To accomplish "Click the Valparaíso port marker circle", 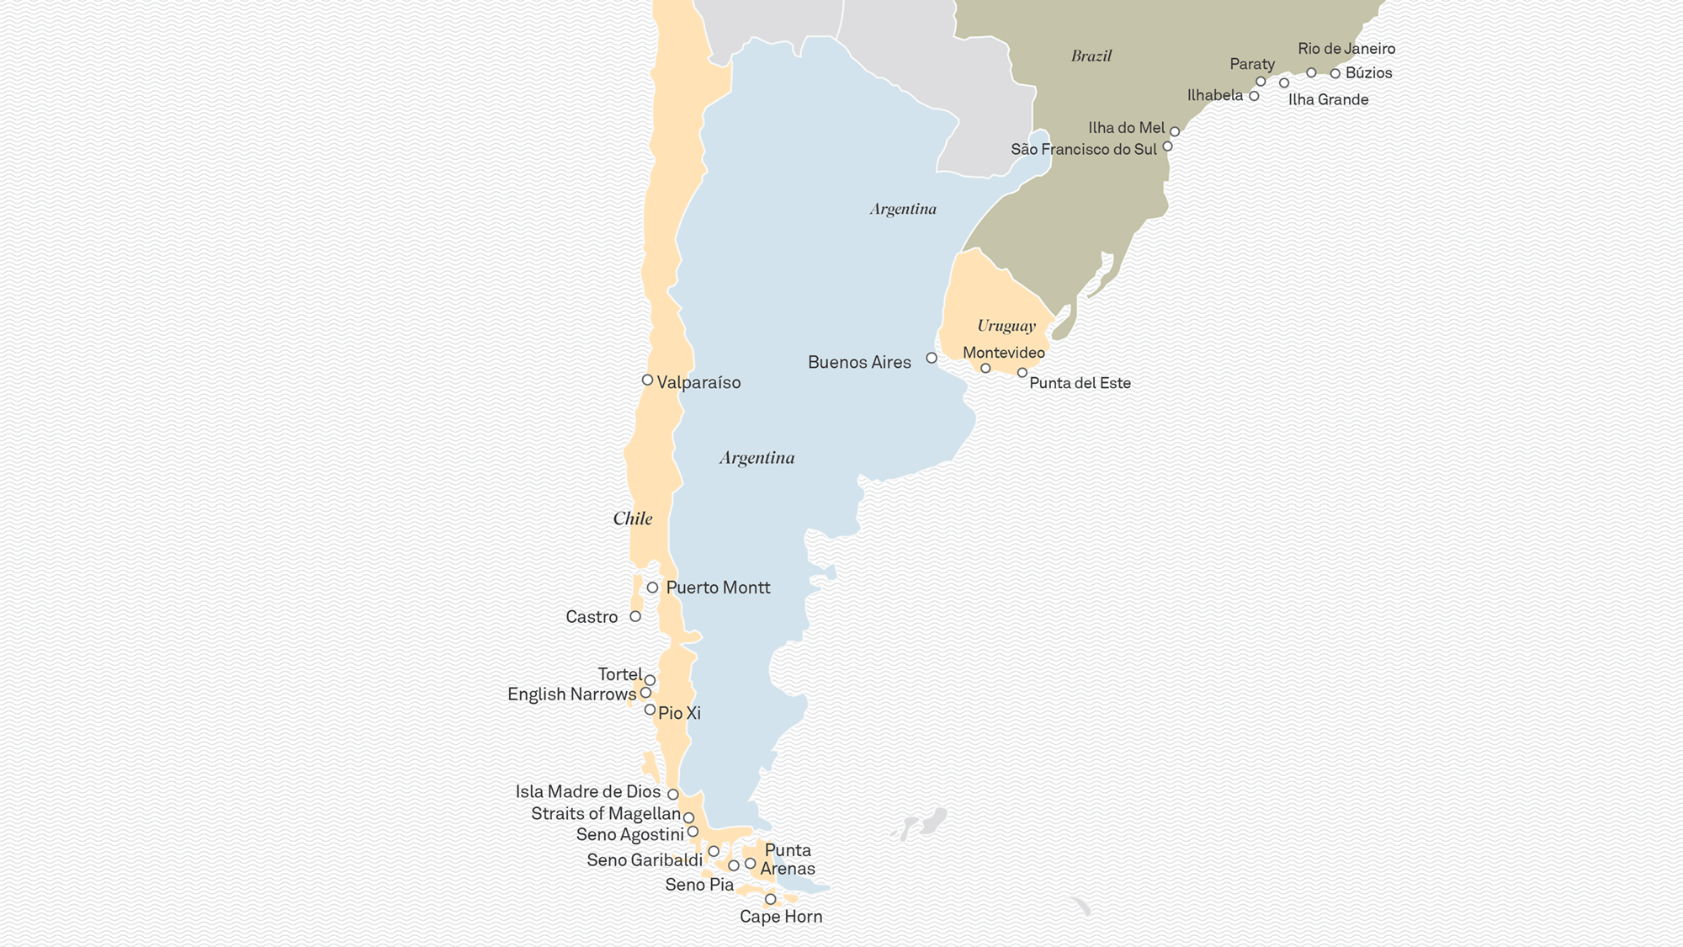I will coord(647,380).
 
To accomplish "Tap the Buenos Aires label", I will coord(859,363).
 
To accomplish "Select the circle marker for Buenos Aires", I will coord(932,358).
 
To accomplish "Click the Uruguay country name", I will coord(1006,326).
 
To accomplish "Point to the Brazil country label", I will coord(1091,56).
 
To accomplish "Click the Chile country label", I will coord(633,519).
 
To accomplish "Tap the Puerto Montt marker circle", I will coord(652,588).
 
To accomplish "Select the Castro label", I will coord(592,617).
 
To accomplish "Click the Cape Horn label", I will coord(781,917).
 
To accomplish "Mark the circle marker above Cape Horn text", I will coord(770,900).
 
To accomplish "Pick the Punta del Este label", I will coord(1080,383).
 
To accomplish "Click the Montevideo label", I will coord(1004,353).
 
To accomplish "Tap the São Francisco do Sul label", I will coord(1084,150).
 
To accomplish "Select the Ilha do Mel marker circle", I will coord(1175,132).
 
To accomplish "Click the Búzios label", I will coord(1368,73).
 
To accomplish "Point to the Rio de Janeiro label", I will coord(1346,49).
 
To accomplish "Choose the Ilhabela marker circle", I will coord(1254,97).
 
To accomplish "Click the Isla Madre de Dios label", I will coord(588,792).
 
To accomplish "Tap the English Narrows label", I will coord(571,694).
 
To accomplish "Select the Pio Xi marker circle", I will coord(650,710).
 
